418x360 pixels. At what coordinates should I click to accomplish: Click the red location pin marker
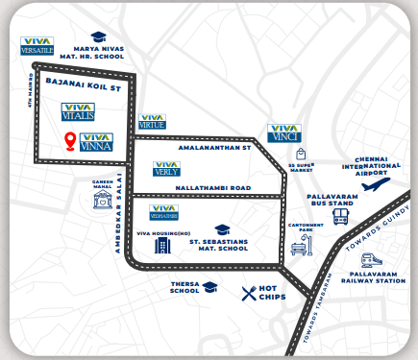(70, 143)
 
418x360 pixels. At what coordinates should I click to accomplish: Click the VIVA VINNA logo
(98, 143)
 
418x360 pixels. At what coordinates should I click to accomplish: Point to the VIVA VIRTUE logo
(153, 121)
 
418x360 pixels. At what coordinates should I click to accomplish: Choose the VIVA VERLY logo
(166, 169)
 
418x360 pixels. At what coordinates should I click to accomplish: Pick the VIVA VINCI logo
(283, 133)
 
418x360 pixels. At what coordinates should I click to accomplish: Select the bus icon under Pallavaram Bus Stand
(340, 218)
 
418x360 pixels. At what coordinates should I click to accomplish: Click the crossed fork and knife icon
(251, 293)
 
